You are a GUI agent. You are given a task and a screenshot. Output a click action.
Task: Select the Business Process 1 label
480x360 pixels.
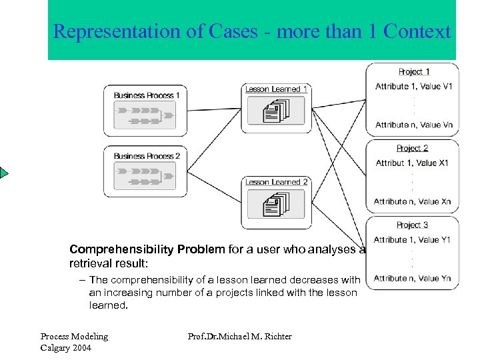pos(147,95)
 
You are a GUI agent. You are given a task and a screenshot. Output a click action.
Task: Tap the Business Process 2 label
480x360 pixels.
pos(147,156)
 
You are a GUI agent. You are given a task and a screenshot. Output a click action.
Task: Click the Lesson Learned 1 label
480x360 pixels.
pos(277,89)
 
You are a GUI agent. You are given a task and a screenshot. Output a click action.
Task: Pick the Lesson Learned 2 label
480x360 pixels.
pos(277,181)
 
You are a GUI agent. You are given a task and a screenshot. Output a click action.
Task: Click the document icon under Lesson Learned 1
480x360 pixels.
pos(276,111)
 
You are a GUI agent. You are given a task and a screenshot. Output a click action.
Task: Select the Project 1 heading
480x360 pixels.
pos(413,71)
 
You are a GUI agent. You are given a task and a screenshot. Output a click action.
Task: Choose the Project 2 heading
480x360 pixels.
pos(412,148)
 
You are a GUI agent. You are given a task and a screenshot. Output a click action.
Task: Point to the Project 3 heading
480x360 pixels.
pos(412,225)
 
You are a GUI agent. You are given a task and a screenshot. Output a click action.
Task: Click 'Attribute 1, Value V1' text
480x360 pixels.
pos(413,87)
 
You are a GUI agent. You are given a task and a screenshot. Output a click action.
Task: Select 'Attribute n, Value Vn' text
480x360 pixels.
pos(413,125)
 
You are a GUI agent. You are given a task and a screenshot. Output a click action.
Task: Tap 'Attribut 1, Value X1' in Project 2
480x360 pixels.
pos(412,163)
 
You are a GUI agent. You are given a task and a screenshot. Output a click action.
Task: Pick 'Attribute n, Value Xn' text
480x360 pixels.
pos(412,201)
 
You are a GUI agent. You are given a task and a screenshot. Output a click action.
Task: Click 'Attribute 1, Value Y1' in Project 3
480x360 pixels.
pos(412,240)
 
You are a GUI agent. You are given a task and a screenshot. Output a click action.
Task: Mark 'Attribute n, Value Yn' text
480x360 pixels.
pos(412,279)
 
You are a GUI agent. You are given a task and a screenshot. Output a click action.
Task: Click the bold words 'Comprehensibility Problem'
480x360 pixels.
pos(147,249)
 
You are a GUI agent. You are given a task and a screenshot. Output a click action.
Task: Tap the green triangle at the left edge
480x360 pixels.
pos(4,173)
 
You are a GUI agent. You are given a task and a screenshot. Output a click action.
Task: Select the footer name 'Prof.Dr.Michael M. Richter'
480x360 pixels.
pos(240,337)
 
